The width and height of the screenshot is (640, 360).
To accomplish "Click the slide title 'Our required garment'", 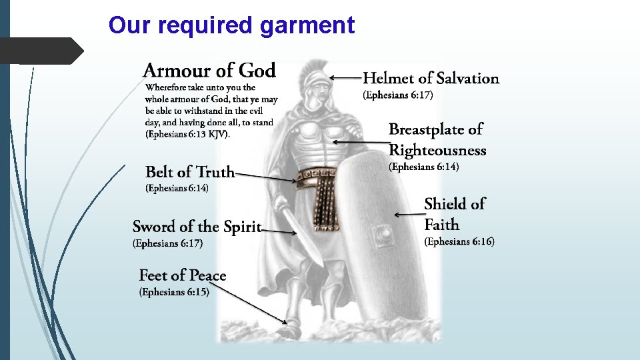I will click(x=231, y=25).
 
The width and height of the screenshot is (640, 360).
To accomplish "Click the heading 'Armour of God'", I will click(x=209, y=70).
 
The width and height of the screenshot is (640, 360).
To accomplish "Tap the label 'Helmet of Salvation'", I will click(x=431, y=79).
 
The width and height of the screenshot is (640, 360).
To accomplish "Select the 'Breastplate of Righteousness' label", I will click(x=437, y=139).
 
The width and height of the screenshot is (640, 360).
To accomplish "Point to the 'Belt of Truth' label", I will click(x=190, y=172).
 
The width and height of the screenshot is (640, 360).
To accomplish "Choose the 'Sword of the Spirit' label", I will click(x=197, y=227).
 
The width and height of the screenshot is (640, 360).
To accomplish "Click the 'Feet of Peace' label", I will click(x=183, y=275).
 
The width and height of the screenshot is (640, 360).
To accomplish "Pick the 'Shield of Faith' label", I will click(x=455, y=213).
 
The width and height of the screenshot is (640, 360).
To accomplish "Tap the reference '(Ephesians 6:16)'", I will click(x=459, y=241).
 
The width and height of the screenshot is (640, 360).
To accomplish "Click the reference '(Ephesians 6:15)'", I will click(x=174, y=292).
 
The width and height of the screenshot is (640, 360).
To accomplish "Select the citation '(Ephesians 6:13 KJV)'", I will click(x=187, y=134).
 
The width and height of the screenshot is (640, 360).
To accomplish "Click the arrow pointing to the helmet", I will click(x=346, y=78).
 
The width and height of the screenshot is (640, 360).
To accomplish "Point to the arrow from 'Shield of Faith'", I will click(x=407, y=215).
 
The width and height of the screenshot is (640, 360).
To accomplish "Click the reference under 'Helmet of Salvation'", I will click(x=398, y=95).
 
